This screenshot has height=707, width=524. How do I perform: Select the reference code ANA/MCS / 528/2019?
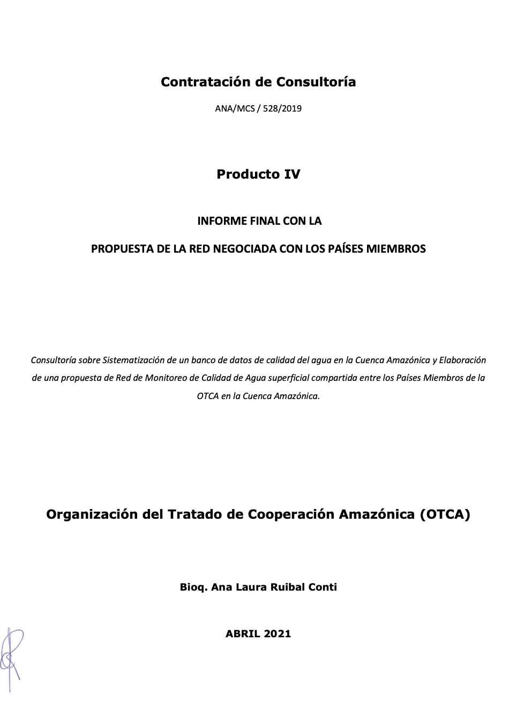258,108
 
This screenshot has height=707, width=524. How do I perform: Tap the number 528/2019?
282,108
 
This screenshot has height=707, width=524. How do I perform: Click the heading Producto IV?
258,174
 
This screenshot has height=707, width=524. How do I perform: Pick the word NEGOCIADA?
245,249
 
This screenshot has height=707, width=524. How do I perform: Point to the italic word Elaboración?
462,360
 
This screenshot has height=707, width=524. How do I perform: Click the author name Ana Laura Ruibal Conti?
274,587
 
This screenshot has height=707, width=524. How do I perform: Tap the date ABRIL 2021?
258,634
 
